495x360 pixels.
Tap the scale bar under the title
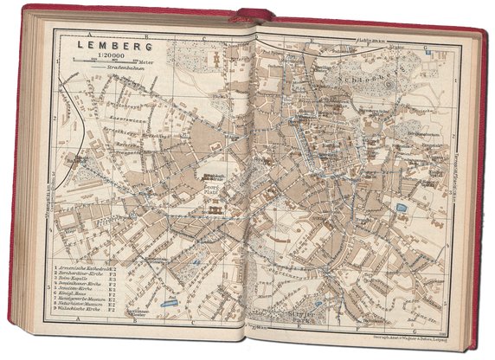tap(102, 61)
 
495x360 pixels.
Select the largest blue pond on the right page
tap(400, 209)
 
